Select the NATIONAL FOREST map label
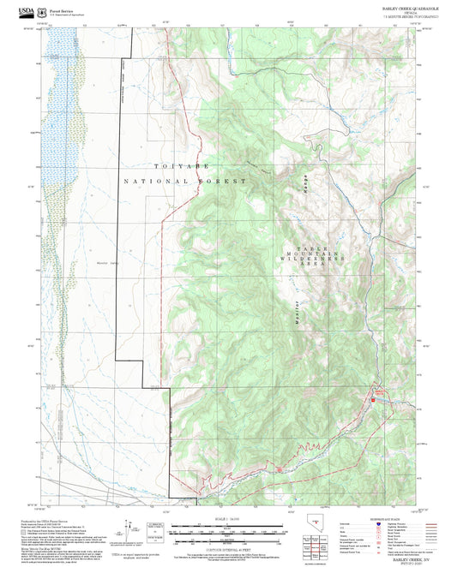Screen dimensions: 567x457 (184, 182)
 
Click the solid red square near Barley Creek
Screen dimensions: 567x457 (373, 401)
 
